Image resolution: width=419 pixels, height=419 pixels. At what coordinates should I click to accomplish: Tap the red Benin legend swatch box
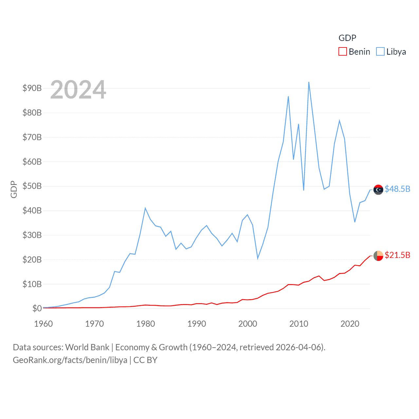tap(342, 52)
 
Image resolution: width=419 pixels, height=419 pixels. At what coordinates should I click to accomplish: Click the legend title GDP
tap(347, 38)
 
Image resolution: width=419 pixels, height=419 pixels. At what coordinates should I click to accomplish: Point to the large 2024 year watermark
tap(78, 90)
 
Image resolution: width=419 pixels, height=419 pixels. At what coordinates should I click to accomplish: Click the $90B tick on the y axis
tap(32, 88)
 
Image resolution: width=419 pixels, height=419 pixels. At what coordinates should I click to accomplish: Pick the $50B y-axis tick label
tap(32, 186)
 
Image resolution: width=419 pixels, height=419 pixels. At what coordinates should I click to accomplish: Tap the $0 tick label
tap(37, 308)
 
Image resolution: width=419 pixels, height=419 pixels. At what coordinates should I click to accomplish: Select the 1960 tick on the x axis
tap(43, 324)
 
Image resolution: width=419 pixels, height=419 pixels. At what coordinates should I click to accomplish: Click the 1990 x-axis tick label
tap(196, 324)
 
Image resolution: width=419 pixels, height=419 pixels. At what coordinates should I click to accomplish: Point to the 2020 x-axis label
tap(350, 324)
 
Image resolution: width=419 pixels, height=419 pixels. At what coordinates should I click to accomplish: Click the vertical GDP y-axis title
tap(14, 189)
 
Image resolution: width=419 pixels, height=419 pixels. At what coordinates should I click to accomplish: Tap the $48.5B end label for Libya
tap(397, 189)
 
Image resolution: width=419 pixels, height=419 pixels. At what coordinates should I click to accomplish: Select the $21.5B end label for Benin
tap(397, 255)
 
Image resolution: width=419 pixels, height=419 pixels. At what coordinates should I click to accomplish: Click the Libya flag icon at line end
tap(378, 190)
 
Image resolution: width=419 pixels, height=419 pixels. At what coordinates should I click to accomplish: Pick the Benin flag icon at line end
tap(378, 256)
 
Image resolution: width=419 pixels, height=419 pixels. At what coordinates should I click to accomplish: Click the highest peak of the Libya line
tap(309, 82)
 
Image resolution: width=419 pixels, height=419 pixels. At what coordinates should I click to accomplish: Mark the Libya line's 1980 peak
tap(145, 208)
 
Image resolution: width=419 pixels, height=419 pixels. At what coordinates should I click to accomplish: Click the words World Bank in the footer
tap(87, 347)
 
